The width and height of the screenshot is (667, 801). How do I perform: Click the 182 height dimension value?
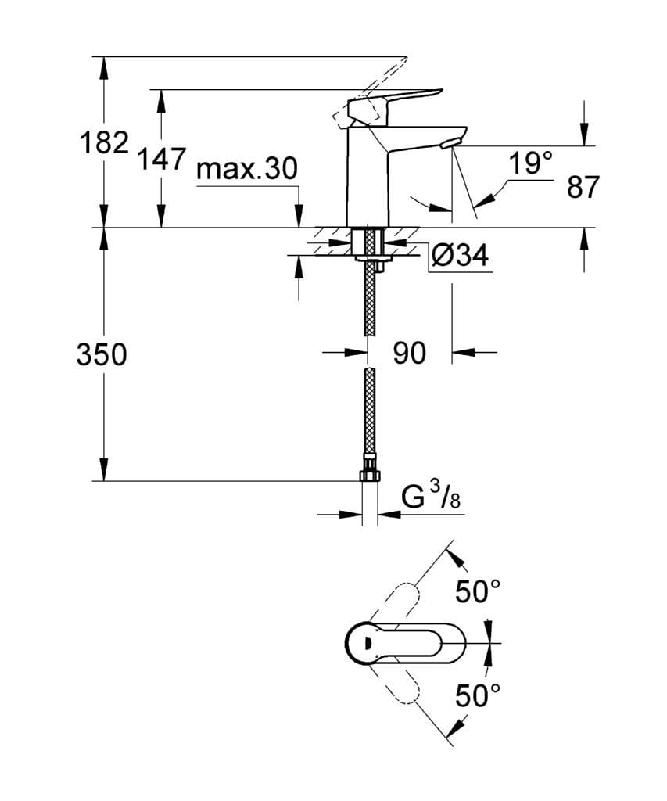coord(104,143)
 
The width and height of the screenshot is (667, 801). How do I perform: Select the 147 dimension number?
coord(161,159)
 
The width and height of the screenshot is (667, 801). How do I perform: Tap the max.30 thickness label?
coord(247,168)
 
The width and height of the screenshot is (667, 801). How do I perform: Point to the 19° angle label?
coord(530,164)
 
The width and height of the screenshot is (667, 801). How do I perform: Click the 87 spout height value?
coord(583,188)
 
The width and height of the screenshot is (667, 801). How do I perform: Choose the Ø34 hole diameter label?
coord(460,256)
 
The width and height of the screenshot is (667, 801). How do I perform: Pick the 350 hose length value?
coord(102,354)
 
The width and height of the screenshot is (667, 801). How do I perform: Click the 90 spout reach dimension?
coord(409,354)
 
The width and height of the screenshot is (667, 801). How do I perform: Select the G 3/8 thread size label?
coord(428,498)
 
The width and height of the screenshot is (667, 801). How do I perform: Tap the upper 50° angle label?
coord(477,592)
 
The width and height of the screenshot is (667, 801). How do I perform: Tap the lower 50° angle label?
coord(477,695)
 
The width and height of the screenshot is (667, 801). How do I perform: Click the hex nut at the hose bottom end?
coord(370,475)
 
